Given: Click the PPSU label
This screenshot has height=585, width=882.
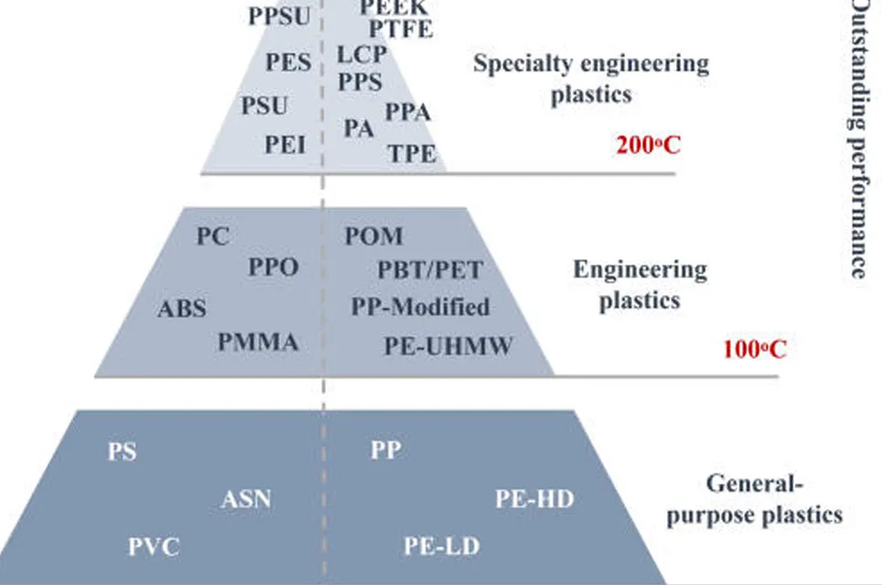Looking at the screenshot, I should [x=279, y=16].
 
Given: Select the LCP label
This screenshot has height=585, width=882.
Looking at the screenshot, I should [x=361, y=54].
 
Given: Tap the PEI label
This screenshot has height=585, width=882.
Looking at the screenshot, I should [x=285, y=144].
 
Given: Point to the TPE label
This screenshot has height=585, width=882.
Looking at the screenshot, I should [x=412, y=153].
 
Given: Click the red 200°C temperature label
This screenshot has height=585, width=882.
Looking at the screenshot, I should [x=648, y=145].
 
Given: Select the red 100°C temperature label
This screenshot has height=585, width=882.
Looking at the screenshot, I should [x=754, y=349].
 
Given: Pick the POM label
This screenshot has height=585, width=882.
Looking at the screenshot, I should [x=373, y=236].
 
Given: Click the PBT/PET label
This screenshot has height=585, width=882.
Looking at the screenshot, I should [x=430, y=270].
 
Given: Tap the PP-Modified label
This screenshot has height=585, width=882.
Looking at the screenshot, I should [x=420, y=307].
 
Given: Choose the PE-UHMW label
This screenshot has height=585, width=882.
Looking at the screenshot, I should [x=448, y=345].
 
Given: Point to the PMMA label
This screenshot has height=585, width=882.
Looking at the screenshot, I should [x=258, y=342].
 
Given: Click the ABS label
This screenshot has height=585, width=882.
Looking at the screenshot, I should [x=182, y=309].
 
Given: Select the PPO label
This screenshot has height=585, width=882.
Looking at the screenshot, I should [x=274, y=268].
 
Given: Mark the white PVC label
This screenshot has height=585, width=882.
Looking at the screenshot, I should [x=154, y=547].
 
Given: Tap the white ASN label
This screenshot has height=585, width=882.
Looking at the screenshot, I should [x=246, y=500].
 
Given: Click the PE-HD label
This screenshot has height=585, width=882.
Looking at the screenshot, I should [x=534, y=499].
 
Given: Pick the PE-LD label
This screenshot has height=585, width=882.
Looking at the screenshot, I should [x=442, y=547].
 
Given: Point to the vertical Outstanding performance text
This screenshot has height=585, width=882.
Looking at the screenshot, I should [x=862, y=137].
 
